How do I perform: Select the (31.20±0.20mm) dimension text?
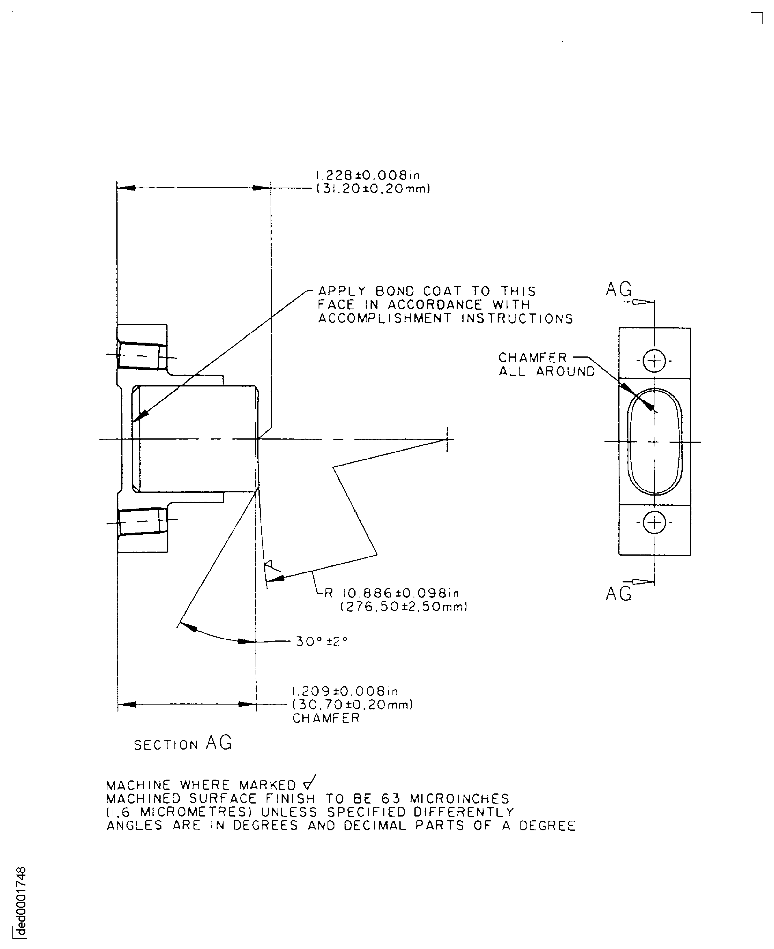373,189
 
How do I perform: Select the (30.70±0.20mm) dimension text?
353,705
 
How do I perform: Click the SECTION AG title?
183,743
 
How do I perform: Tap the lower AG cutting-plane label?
618,593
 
